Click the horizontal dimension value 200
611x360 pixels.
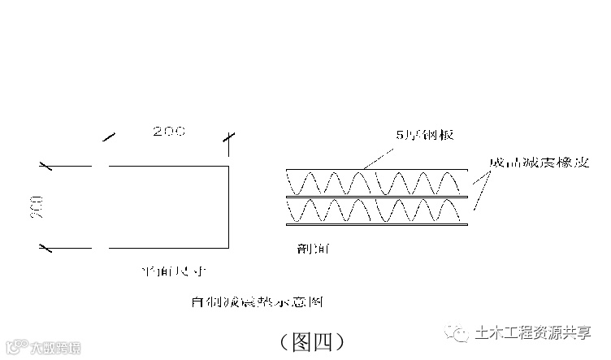point(168,131)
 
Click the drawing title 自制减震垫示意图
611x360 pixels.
point(257,303)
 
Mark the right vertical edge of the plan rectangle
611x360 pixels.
point(228,206)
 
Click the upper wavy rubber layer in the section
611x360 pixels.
point(376,183)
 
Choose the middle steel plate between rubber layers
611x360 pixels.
point(376,197)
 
